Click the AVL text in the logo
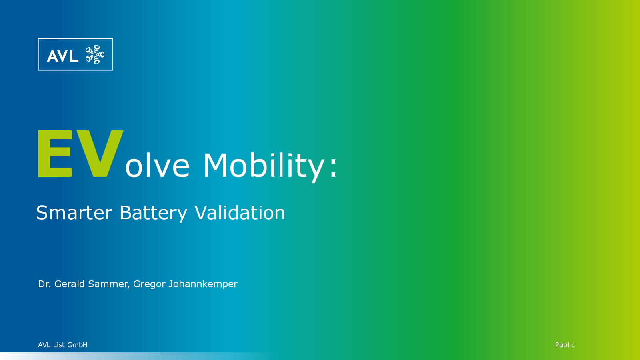[62, 56]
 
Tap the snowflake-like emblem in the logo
[95, 54]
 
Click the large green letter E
[54, 154]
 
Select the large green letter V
[100, 154]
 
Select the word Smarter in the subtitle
[74, 212]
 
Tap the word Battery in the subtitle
[154, 214]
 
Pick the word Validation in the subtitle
[240, 212]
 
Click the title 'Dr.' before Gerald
[44, 284]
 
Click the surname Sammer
[108, 284]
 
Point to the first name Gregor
[149, 285]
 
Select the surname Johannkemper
[203, 284]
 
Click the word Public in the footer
[565, 345]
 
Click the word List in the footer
[59, 345]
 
